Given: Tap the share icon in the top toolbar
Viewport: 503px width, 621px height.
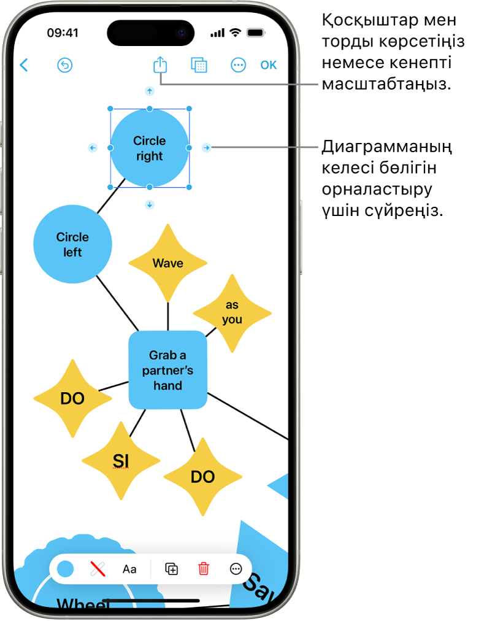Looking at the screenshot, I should (160, 64).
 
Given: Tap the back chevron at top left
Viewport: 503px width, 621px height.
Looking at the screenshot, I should (24, 65).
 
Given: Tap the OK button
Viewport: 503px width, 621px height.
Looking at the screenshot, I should (269, 65).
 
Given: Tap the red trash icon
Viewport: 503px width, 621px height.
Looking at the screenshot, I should (204, 569).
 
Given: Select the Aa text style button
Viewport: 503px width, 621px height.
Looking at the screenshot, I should (129, 569).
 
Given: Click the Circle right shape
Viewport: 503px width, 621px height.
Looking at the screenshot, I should (150, 148).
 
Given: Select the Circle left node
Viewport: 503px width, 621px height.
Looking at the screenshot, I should (72, 244).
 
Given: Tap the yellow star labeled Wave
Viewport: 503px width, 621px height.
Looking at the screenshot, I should (167, 263).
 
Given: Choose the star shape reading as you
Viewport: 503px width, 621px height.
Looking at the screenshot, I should (232, 312).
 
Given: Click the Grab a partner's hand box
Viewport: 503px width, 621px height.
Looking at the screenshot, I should (167, 370).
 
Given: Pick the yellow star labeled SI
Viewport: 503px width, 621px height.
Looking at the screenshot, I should (121, 460).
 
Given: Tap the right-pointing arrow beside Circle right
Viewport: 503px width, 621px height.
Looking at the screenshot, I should (207, 147).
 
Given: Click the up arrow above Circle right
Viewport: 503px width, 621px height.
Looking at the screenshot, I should (149, 91).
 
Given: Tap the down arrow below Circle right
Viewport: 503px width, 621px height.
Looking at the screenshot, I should (149, 204).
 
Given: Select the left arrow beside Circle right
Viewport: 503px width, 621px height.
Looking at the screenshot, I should (93, 147).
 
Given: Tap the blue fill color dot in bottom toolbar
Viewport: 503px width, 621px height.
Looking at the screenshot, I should (66, 569).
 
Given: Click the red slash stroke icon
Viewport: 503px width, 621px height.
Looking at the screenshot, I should (98, 569).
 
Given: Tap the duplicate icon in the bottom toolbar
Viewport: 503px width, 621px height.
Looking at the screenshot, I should (172, 569).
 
